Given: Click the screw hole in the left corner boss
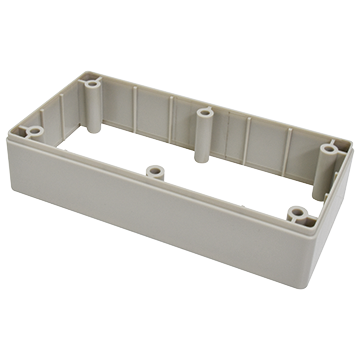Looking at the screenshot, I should tap(34, 131).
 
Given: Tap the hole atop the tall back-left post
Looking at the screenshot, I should tap(94, 76).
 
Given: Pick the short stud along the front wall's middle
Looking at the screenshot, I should tap(155, 171).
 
